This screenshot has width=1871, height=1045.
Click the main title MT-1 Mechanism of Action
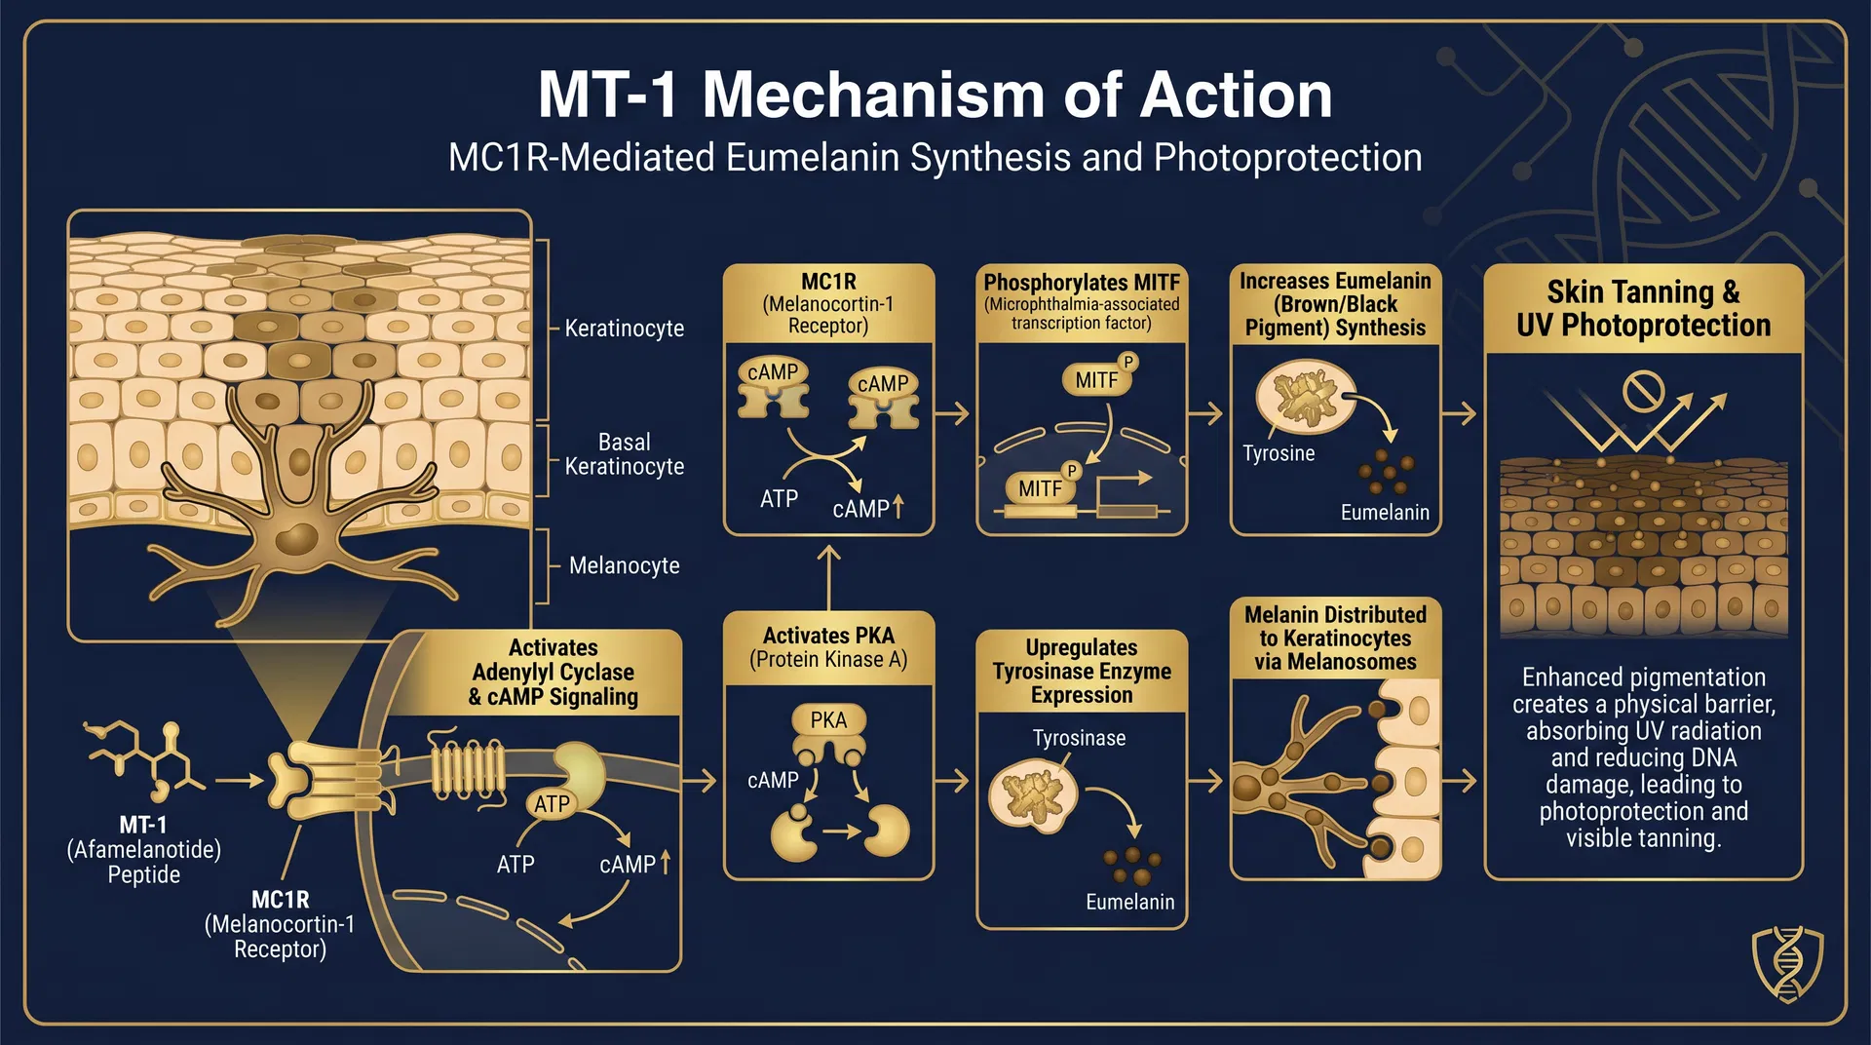point(935,96)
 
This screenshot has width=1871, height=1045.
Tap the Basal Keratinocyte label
point(624,454)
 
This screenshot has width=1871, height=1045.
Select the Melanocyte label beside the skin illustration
point(624,565)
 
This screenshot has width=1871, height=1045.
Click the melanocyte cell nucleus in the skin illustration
point(296,539)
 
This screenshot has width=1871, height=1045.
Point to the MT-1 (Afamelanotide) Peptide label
point(143,849)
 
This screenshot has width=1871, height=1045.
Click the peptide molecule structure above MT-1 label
point(146,755)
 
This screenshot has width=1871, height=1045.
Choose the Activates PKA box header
point(828,647)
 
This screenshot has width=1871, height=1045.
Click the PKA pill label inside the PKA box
point(828,719)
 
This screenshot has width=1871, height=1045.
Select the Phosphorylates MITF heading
point(1081,283)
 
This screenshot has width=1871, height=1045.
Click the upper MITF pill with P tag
point(1096,380)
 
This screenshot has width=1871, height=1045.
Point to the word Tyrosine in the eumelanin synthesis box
point(1279,453)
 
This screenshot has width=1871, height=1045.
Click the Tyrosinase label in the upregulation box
point(1079,738)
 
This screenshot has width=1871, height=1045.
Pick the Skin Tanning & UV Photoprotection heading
point(1643,308)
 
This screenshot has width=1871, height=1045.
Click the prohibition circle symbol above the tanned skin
point(1642,391)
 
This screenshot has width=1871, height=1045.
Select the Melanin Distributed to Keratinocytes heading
point(1335,639)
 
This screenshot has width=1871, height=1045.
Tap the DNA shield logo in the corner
point(1787,963)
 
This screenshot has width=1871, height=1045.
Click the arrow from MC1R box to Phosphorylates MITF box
point(954,413)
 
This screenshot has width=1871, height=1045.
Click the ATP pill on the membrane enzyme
point(552,804)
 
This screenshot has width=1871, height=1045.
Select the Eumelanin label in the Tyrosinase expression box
point(1129,902)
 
